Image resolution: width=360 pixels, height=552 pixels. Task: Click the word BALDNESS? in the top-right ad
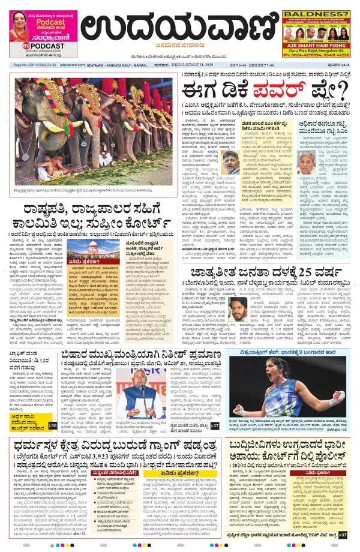316,14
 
